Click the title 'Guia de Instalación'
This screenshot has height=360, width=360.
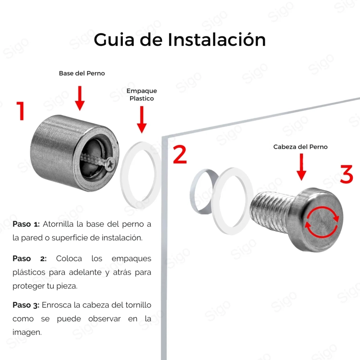pos(180,40)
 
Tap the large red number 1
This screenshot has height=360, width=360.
pos(21,111)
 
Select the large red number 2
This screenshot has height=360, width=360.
pos(180,154)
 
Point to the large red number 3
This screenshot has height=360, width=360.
pos(346,174)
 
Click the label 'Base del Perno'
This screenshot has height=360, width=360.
pos(82,73)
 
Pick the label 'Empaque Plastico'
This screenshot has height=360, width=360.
pos(142,94)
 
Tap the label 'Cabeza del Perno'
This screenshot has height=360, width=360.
pos(300,147)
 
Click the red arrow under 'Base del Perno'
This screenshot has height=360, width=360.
pos(80,98)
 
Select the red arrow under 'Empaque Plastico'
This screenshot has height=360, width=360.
pos(142,119)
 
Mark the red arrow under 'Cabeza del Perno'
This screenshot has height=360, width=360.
pos(301,167)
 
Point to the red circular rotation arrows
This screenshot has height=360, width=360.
pos(322,222)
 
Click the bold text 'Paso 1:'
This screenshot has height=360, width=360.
pos(26,224)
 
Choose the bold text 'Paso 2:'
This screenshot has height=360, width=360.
pos(30,258)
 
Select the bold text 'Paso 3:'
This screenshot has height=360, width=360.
pos(26,305)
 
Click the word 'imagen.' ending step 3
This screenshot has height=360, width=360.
pos(27,332)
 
